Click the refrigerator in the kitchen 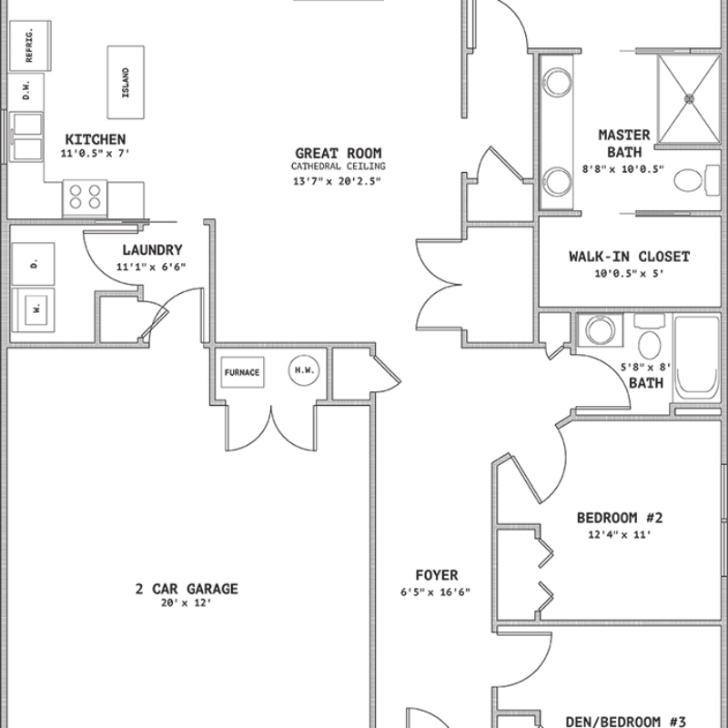pyautogui.click(x=30, y=45)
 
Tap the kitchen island pyautogui.click(x=126, y=82)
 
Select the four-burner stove pyautogui.click(x=85, y=197)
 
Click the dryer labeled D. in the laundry pyautogui.click(x=33, y=264)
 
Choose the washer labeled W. pyautogui.click(x=33, y=309)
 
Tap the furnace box pyautogui.click(x=242, y=372)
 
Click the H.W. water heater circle pyautogui.click(x=304, y=370)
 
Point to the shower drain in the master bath pyautogui.click(x=689, y=98)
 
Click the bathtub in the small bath pyautogui.click(x=697, y=359)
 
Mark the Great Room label pyautogui.click(x=339, y=153)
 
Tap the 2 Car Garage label pyautogui.click(x=187, y=589)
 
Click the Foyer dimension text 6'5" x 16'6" pyautogui.click(x=436, y=592)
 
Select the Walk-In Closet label pyautogui.click(x=630, y=257)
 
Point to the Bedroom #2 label pyautogui.click(x=620, y=518)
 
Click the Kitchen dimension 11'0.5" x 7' pyautogui.click(x=95, y=153)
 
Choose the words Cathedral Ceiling pyautogui.click(x=339, y=167)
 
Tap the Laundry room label pyautogui.click(x=152, y=249)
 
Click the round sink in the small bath pyautogui.click(x=601, y=330)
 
